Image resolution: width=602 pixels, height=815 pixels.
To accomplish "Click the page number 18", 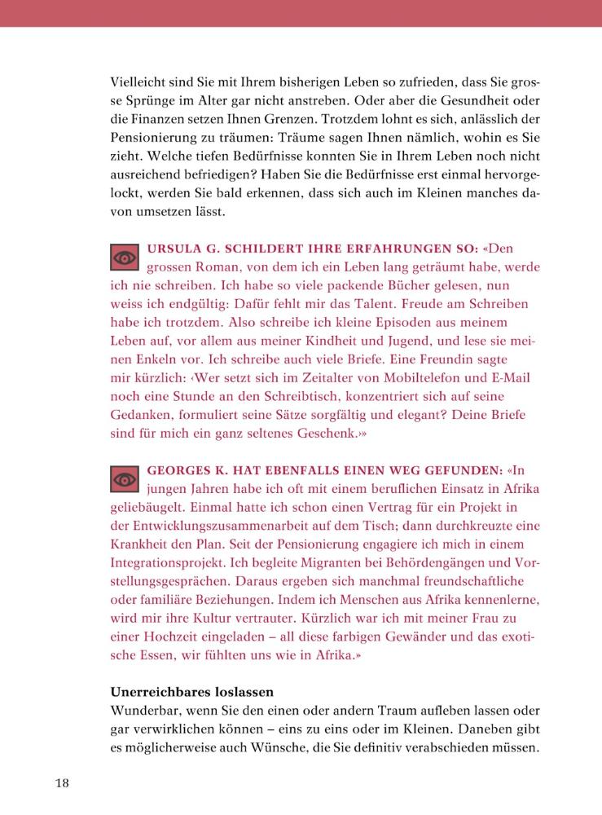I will [x=63, y=783].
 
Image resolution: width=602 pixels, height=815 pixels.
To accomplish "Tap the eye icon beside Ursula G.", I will [x=125, y=258].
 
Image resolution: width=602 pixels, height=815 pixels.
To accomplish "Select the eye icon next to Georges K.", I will [x=125, y=480].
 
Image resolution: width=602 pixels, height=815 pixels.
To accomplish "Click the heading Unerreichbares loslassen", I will [x=191, y=693].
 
